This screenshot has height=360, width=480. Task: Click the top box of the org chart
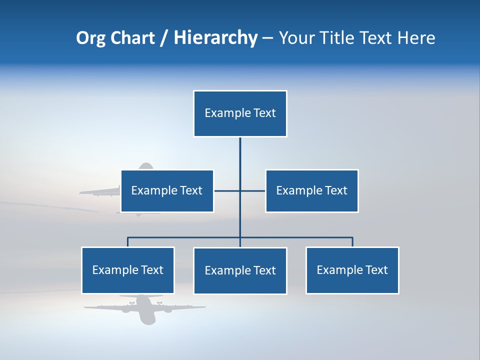[240, 113]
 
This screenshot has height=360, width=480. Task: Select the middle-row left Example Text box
[167, 190]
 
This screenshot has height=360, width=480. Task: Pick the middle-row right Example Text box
[311, 190]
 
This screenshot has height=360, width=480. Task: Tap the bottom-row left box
[128, 270]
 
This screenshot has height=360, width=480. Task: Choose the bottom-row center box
[240, 270]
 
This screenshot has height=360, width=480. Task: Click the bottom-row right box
[352, 270]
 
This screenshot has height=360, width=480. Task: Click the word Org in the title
[90, 38]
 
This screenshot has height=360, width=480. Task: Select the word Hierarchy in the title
[215, 38]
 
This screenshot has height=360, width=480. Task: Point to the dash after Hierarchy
[268, 38]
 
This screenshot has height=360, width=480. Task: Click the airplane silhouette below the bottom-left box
[144, 308]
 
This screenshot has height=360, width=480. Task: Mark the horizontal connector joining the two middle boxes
[239, 190]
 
